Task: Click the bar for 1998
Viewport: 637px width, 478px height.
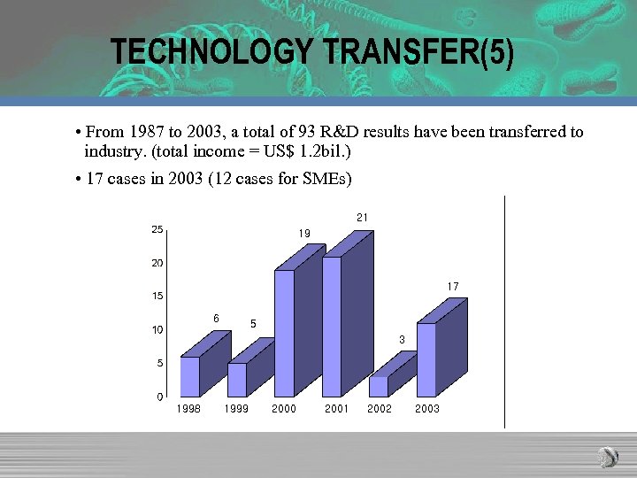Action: pyautogui.click(x=190, y=376)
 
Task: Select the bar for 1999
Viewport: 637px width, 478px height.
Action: pyautogui.click(x=237, y=380)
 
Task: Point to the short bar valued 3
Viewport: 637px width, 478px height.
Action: pyautogui.click(x=379, y=386)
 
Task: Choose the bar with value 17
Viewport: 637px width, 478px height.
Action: pyautogui.click(x=426, y=359)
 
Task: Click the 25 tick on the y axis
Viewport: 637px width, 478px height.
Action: pyautogui.click(x=157, y=230)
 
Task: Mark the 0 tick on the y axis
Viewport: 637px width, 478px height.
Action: pyautogui.click(x=159, y=396)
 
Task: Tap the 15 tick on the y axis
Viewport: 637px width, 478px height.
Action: pyautogui.click(x=157, y=297)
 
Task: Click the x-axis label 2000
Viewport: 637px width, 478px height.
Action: pyautogui.click(x=284, y=409)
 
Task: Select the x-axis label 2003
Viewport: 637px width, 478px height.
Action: pyautogui.click(x=426, y=409)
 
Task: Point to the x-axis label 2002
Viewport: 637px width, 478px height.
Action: pyautogui.click(x=380, y=409)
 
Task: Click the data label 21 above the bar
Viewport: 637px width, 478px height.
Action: pyautogui.click(x=363, y=217)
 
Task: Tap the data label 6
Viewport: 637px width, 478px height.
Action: pyautogui.click(x=216, y=318)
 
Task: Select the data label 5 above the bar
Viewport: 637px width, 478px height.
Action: pyautogui.click(x=253, y=324)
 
